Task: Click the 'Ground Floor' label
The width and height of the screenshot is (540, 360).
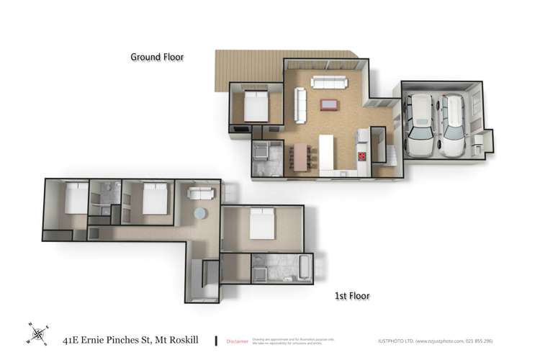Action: coord(157,56)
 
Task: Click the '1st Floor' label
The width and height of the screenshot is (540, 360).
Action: coord(351,295)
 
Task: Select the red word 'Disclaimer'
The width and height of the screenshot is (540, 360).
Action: coord(237,341)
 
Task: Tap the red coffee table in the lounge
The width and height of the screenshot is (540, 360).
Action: coord(330,104)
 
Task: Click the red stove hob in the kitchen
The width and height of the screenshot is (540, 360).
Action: coord(362,156)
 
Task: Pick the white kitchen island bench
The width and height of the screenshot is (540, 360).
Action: coord(327,152)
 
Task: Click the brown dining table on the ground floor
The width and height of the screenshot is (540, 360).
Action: coord(300,156)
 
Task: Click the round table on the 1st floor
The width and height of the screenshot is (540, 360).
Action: coord(200,214)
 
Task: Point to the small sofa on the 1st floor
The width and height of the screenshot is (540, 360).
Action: coord(199,193)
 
